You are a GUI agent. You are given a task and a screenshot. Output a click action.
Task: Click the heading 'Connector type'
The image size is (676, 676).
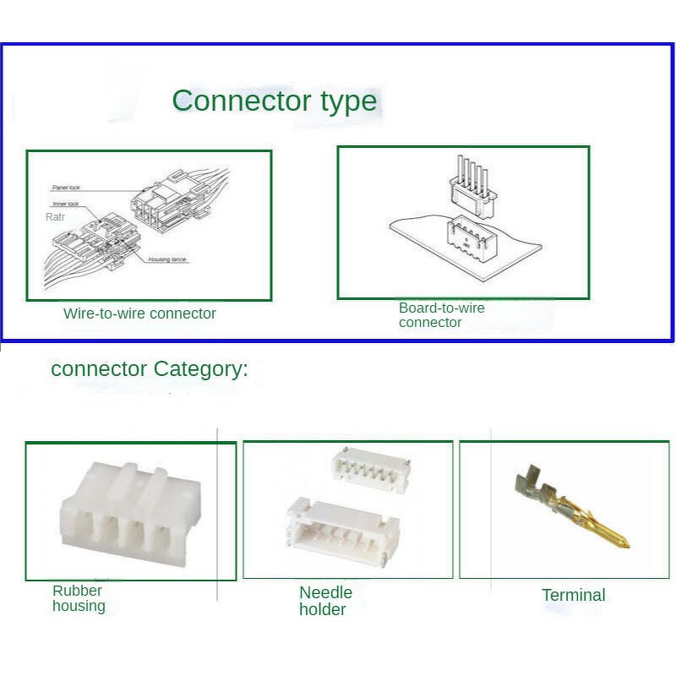pyautogui.click(x=274, y=101)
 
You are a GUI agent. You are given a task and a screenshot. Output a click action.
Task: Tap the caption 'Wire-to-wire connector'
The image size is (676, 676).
pyautogui.click(x=139, y=313)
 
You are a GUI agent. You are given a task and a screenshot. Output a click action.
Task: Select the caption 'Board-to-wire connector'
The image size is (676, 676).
pyautogui.click(x=441, y=315)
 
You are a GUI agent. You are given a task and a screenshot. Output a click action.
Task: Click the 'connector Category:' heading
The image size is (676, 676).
pyautogui.click(x=150, y=369)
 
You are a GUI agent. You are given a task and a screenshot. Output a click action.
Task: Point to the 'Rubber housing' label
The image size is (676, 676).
pyautogui.click(x=79, y=598)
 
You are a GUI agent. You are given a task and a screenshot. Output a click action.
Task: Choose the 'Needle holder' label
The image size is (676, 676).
pyautogui.click(x=325, y=601)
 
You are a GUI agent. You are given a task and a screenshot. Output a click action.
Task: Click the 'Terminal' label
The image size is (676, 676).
pyautogui.click(x=573, y=595)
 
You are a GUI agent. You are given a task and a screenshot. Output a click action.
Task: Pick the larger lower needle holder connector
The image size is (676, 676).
pyautogui.click(x=338, y=529)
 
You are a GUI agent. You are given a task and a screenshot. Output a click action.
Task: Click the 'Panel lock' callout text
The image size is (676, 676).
pyautogui.click(x=65, y=187)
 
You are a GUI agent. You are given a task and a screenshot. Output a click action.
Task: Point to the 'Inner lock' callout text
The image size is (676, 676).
pyautogui.click(x=65, y=204)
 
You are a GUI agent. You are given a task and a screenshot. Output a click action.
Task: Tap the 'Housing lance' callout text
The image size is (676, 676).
pyautogui.click(x=167, y=260)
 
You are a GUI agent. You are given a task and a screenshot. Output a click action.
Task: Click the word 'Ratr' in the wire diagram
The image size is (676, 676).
pyautogui.click(x=55, y=217)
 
